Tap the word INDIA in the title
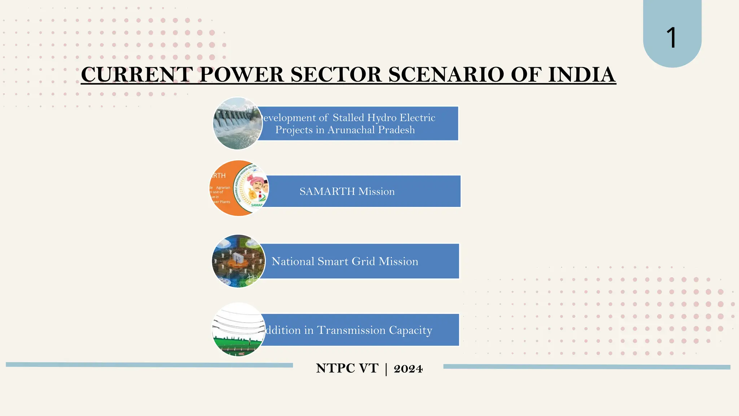click(x=582, y=74)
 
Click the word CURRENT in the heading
click(x=137, y=74)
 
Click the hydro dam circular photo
click(x=238, y=123)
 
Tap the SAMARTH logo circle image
click(x=239, y=188)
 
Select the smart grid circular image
click(x=239, y=261)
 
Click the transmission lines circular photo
click(x=239, y=329)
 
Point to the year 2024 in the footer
click(x=408, y=369)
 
